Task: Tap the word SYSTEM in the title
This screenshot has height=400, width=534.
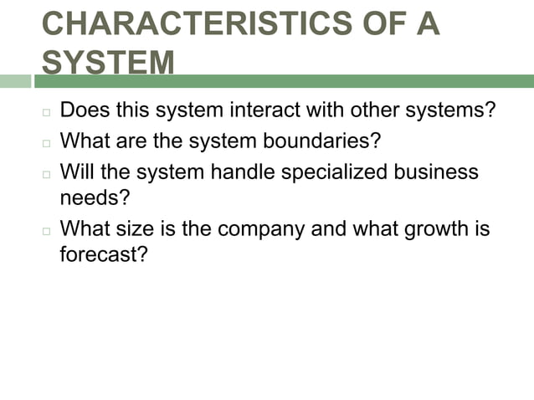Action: [109, 63]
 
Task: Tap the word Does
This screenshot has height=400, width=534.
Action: [85, 110]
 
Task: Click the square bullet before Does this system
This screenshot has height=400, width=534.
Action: [46, 112]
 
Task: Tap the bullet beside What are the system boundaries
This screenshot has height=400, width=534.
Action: [46, 142]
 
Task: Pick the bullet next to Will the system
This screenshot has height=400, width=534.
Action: [46, 174]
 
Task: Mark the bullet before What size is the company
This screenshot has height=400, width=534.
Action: [46, 230]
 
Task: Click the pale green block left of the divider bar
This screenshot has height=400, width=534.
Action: [15, 81]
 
